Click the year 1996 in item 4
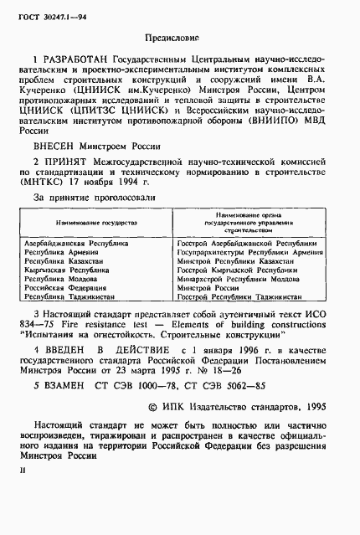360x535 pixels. (245, 352)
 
